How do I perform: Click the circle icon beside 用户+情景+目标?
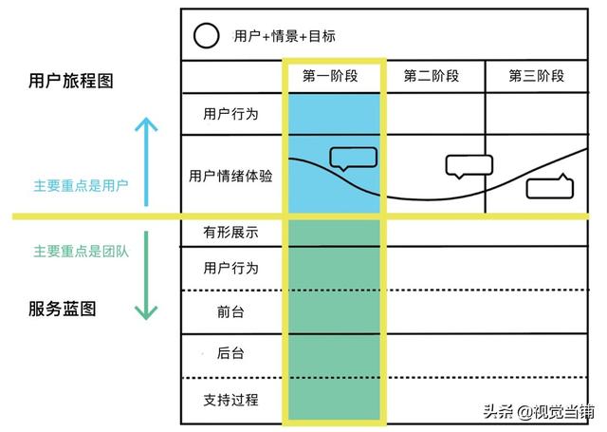point(207,35)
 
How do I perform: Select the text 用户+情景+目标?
point(285,36)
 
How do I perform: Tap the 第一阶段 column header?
point(330,76)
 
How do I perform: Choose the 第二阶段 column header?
point(432,76)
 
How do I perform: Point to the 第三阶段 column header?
point(537,76)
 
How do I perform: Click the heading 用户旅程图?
point(71,81)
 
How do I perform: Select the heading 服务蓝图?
point(62,309)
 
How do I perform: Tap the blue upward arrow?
point(146,161)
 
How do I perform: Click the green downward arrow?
point(146,275)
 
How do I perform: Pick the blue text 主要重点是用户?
point(81,185)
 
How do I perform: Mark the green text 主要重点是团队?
point(81,252)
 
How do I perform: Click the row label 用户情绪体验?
point(230,177)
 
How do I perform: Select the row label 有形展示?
point(230,233)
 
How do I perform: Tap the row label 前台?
point(230,311)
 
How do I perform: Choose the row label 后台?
point(230,353)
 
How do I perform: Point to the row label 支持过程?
point(230,400)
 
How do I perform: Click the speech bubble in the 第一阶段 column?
point(354,159)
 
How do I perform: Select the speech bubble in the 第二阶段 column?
point(469,166)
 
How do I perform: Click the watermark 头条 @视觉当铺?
point(539,411)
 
